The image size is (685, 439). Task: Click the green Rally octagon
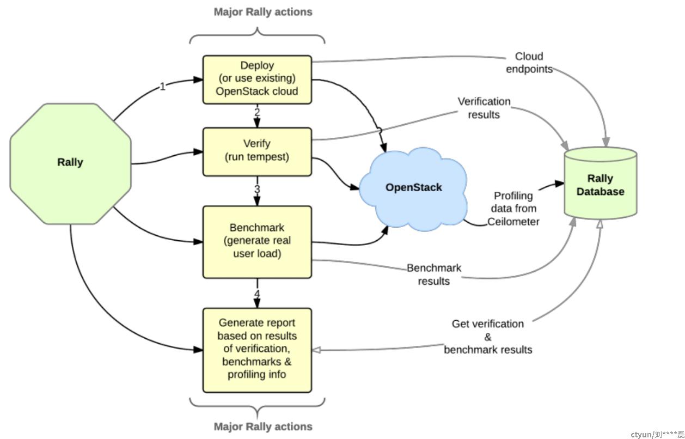point(71,163)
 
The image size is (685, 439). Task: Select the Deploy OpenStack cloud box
point(257,80)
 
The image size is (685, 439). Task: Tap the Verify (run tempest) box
point(257,152)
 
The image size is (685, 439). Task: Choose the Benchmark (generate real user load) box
point(257,242)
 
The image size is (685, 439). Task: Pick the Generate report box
point(257,350)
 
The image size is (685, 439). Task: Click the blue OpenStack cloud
point(413,188)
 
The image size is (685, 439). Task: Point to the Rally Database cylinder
point(600,183)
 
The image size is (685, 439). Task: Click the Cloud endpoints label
point(529,63)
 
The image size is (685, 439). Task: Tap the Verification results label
point(484,108)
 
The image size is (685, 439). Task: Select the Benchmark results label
point(434,275)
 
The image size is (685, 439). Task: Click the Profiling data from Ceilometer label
point(513,209)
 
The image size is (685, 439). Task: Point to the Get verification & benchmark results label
point(488,337)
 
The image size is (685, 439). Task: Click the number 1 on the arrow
point(162,87)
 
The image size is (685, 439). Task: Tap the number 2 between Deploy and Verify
point(257,112)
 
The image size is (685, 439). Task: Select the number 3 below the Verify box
point(257,189)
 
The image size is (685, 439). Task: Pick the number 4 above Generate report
point(257,294)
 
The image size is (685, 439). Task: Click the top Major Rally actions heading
point(263,12)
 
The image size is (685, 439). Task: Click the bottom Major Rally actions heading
point(263,426)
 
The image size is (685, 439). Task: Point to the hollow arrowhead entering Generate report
point(316,350)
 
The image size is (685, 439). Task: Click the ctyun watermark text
point(657,435)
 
